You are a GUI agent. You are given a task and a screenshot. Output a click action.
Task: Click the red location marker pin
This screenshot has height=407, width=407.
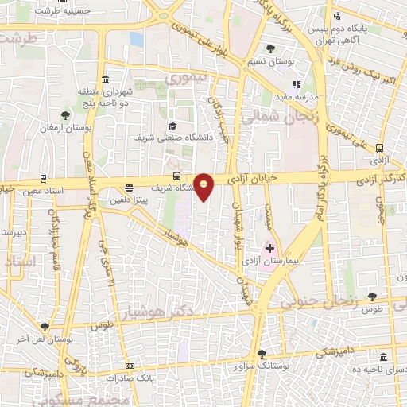point(204,187)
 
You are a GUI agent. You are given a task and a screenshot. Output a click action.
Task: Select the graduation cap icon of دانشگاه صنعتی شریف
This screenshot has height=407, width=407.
point(172,126)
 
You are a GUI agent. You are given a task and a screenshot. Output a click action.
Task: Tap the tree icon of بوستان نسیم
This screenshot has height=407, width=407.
point(270,49)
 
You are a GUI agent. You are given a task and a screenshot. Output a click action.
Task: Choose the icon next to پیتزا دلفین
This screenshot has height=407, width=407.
point(130,188)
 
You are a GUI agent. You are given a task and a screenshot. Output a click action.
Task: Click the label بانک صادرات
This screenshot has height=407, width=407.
point(109,378)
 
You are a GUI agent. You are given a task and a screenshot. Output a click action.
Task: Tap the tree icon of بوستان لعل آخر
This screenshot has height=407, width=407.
point(45,326)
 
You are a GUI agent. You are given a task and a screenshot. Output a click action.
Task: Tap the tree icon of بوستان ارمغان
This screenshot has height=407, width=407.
point(65,115)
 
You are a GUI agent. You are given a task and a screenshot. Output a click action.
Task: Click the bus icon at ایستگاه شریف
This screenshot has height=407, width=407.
point(176,176)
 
